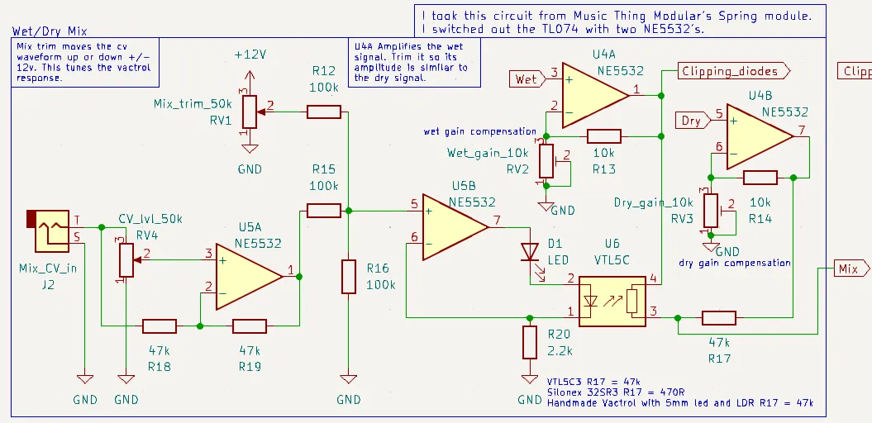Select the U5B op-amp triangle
(x=453, y=225)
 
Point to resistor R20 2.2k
(x=530, y=341)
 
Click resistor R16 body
(x=349, y=276)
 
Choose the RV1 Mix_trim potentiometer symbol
(x=248, y=111)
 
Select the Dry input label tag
(x=692, y=121)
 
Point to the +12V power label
(x=250, y=54)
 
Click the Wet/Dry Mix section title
(x=50, y=31)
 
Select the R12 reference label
(x=323, y=70)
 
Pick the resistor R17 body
(x=719, y=317)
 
